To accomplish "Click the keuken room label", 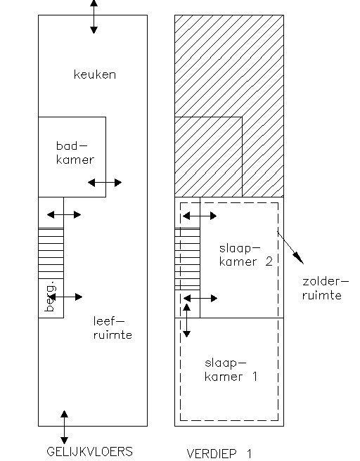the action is click(x=95, y=74).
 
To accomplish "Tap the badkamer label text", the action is click(x=75, y=153).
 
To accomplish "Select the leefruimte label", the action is click(x=112, y=327).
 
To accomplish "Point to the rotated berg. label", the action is click(x=51, y=297).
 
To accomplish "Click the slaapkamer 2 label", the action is click(x=246, y=255).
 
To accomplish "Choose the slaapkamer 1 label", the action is click(x=231, y=370).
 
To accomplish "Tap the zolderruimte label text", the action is click(x=326, y=288).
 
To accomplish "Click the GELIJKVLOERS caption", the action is click(x=90, y=451).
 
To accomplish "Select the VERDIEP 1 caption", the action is click(x=219, y=454).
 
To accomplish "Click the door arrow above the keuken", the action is click(x=94, y=17).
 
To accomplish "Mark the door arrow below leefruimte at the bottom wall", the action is click(x=64, y=427).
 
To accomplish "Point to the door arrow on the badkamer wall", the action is click(x=105, y=183).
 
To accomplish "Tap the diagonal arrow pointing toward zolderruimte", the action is click(x=290, y=247).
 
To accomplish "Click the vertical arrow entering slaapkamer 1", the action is click(x=186, y=320).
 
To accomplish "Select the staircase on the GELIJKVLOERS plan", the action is click(x=51, y=253).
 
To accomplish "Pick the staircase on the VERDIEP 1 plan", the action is click(x=187, y=259).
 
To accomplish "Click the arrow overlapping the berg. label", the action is click(x=65, y=297).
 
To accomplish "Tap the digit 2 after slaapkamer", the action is click(x=269, y=261).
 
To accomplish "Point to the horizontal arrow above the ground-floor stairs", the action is click(x=64, y=214).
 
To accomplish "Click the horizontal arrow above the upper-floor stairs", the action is click(x=200, y=216).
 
